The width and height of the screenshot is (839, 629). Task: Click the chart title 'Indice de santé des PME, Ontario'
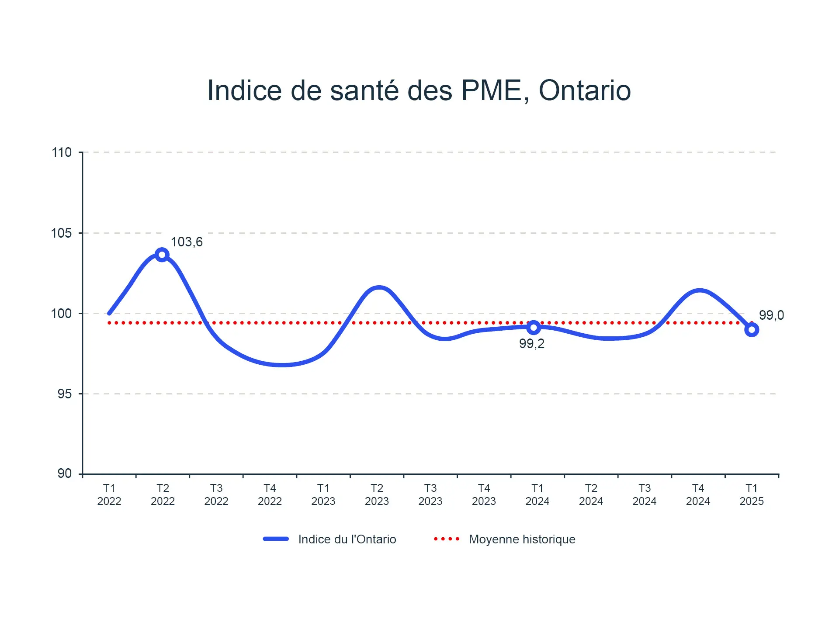(x=419, y=90)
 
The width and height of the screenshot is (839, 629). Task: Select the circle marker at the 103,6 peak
(x=162, y=255)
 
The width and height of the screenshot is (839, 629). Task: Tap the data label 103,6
(x=187, y=242)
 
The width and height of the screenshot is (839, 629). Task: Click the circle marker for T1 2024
(x=534, y=327)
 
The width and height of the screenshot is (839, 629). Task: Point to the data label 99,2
(x=532, y=344)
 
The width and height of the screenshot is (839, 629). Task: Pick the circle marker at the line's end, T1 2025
(x=752, y=330)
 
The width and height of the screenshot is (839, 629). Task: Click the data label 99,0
(x=771, y=315)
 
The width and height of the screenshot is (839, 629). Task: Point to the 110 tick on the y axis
(x=62, y=152)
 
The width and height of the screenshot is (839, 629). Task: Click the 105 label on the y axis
(x=62, y=233)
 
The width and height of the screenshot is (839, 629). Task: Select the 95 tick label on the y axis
(x=64, y=394)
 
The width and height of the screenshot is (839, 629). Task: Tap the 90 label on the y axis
(x=64, y=473)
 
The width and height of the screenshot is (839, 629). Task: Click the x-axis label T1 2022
(x=109, y=494)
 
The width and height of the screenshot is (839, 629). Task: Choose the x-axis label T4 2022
(x=270, y=494)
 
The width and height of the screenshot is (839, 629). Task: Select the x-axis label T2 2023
(x=377, y=494)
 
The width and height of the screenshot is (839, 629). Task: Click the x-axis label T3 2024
(x=645, y=494)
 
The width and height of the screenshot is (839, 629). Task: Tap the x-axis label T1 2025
(x=752, y=494)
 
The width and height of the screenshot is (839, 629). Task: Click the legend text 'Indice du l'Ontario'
(x=347, y=539)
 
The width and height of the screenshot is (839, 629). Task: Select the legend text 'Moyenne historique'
(x=522, y=539)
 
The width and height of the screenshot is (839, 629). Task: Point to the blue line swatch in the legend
(x=276, y=539)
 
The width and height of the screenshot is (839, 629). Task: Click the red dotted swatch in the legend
(x=447, y=539)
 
